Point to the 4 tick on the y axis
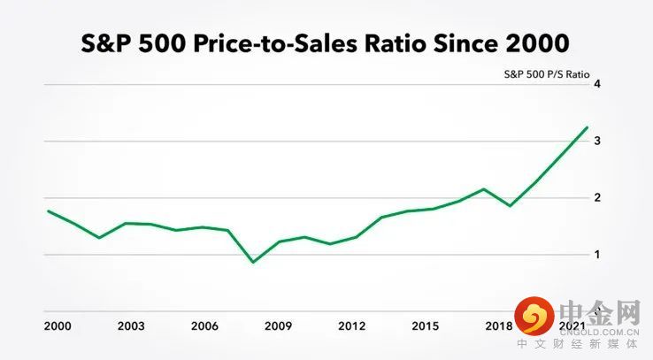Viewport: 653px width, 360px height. (597, 85)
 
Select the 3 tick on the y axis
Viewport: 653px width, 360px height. (597, 142)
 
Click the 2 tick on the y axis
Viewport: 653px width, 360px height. (597, 198)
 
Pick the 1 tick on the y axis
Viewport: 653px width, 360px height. (597, 255)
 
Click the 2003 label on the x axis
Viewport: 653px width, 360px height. (131, 326)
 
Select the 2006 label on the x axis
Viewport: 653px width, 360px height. (206, 326)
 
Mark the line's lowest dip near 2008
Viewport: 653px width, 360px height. (254, 262)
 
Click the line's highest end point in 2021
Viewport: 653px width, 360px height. (587, 127)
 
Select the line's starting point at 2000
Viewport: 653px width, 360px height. (48, 211)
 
